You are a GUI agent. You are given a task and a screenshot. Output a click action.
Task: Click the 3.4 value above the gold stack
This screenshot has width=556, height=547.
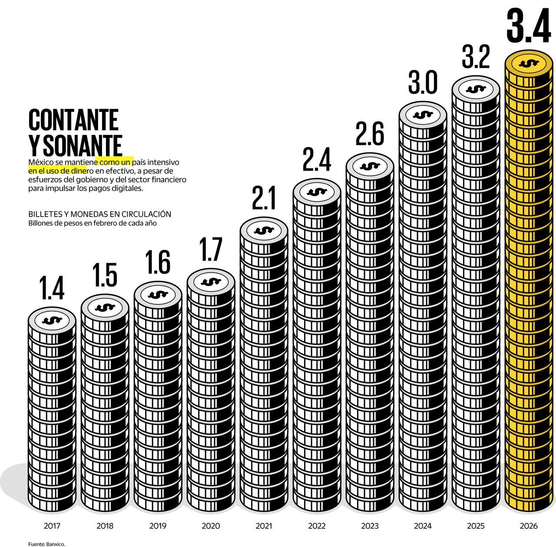coord(529,26)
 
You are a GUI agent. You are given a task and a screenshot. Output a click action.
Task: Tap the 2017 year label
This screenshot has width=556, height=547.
coord(52,526)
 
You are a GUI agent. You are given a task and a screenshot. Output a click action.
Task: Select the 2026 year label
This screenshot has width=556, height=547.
coord(529,526)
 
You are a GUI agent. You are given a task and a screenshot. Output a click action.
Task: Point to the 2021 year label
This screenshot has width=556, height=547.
coord(264,526)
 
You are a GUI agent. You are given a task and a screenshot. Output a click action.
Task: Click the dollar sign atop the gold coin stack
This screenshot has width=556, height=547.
coord(529,63)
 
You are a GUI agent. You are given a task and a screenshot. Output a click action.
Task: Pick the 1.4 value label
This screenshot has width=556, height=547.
coord(52,288)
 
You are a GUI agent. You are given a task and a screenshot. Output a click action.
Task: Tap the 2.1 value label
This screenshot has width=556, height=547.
coord(264,198)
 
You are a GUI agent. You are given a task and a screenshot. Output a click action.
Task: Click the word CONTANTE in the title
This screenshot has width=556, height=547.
coord(73,120)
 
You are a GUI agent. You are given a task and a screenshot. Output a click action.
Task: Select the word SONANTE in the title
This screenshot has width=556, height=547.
coord(83,145)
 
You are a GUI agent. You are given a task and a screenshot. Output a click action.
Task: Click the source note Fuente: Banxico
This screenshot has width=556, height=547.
coord(46,544)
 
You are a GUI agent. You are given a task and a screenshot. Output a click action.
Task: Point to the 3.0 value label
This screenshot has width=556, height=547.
coord(423,83)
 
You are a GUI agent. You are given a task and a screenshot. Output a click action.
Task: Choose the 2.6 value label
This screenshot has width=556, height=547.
coord(370,134)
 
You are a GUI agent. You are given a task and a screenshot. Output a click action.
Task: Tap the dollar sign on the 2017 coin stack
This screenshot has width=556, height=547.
coord(52,320)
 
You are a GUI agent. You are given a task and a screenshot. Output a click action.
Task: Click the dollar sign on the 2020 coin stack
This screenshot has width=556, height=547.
coord(211,282)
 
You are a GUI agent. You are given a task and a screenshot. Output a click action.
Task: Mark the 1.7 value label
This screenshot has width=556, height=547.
coord(211,250)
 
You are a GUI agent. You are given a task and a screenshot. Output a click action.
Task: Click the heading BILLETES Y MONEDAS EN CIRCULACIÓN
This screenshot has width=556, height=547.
coord(99,214)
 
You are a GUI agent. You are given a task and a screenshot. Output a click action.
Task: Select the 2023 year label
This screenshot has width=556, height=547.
coord(370,526)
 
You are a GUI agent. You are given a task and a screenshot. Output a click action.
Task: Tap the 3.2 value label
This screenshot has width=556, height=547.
coord(476,57)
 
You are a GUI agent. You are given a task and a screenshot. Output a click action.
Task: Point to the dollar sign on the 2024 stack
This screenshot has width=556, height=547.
coord(423,115)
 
